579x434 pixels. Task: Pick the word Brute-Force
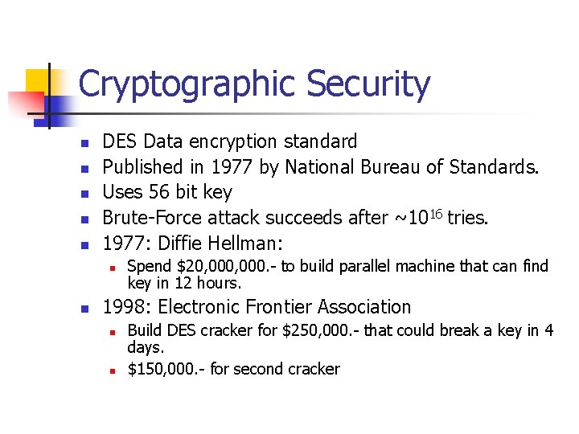click(x=152, y=217)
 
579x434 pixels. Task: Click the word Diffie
click(x=178, y=242)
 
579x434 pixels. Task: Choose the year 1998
click(x=123, y=307)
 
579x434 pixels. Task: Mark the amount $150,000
click(x=164, y=370)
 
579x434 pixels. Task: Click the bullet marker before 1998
click(x=83, y=308)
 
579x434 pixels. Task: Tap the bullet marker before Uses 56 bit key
click(x=83, y=193)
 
